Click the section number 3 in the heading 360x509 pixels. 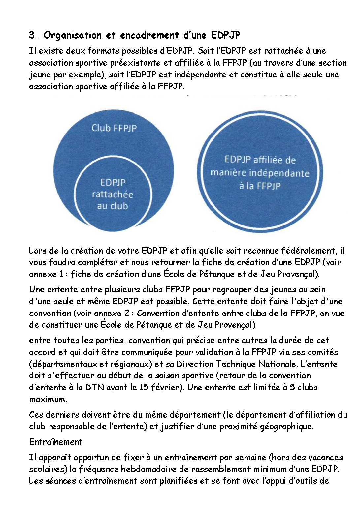coord(32,35)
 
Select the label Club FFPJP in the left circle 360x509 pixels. coord(114,128)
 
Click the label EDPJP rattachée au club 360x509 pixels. coord(113,194)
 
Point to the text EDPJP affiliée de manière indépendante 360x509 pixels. coord(260,173)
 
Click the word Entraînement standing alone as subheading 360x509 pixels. coord(55,442)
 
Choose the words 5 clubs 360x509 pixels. coord(304,387)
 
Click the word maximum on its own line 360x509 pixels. coord(48,399)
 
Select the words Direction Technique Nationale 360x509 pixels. coord(257,364)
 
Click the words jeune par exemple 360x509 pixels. coord(65,75)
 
